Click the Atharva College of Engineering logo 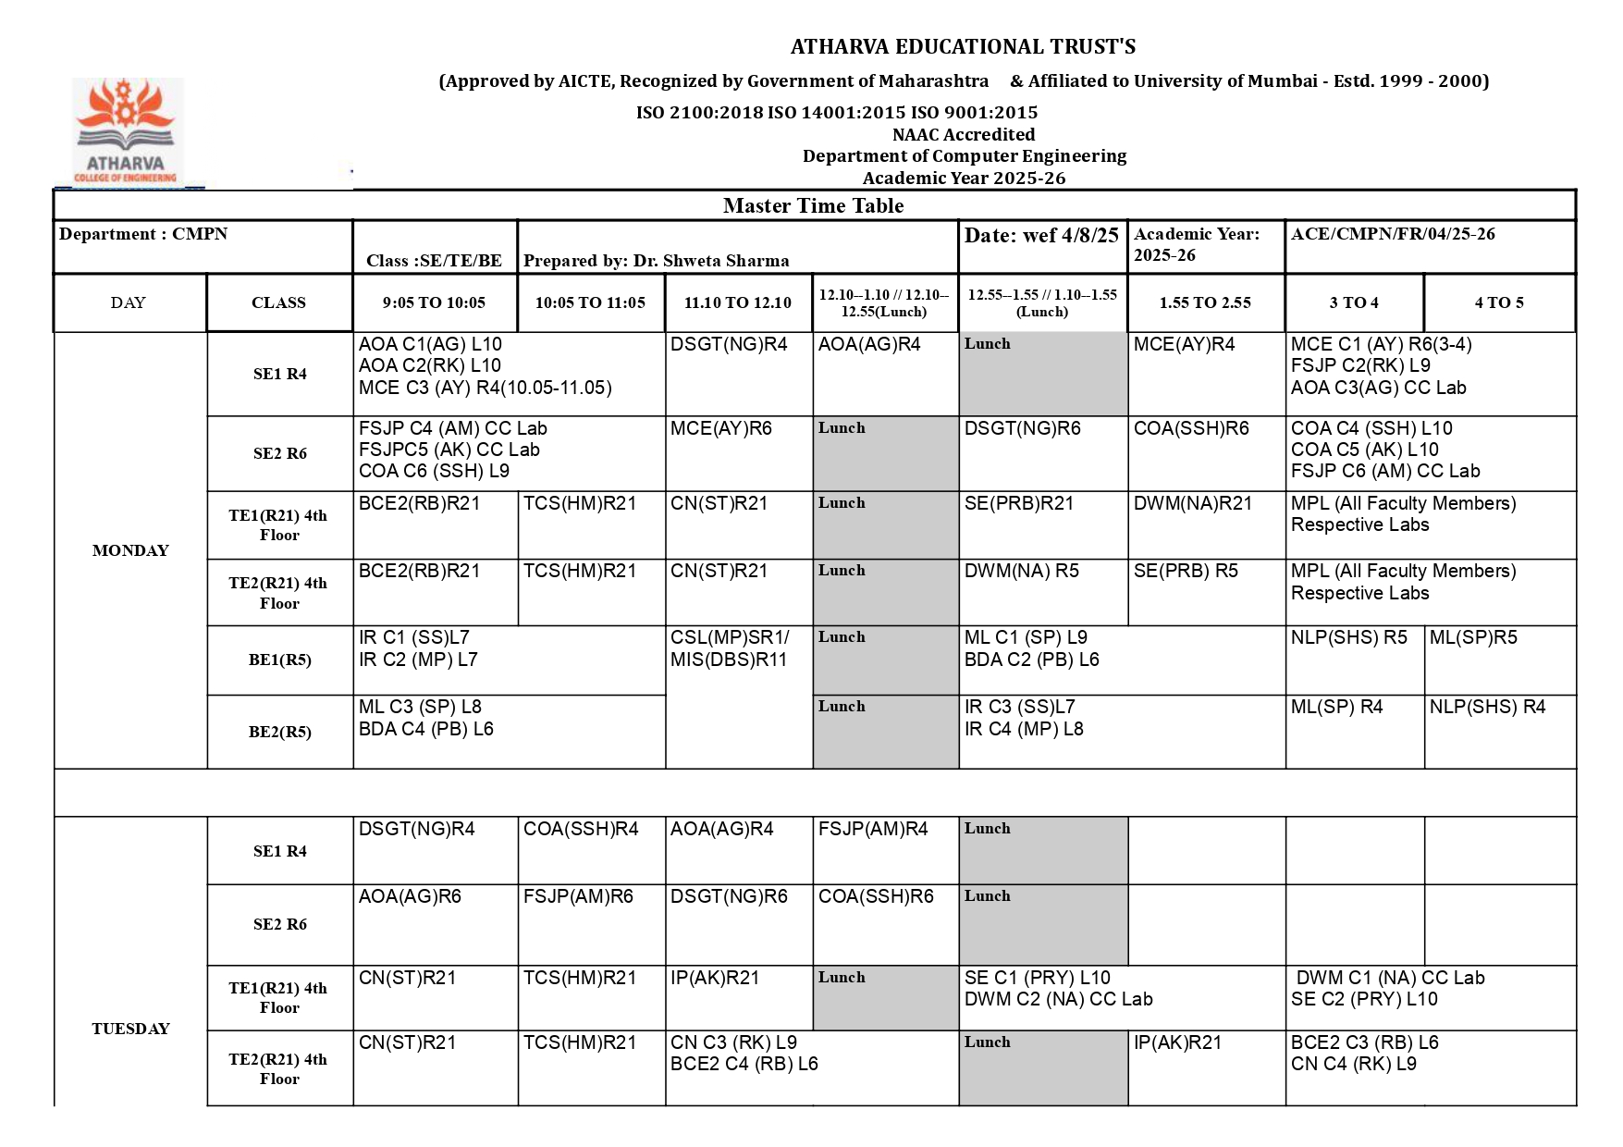point(127,131)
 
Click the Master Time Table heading point(813,205)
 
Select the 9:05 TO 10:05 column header point(434,302)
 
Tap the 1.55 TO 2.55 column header point(1205,302)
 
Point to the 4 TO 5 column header point(1498,302)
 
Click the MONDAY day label point(130,550)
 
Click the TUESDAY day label point(130,1029)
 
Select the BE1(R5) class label point(279,660)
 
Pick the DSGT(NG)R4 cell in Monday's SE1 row point(729,345)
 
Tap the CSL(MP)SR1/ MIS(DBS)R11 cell point(730,648)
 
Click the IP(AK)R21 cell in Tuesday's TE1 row point(714,979)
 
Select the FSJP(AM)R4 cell point(872,830)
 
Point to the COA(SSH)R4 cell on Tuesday point(580,830)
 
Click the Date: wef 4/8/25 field point(1041,236)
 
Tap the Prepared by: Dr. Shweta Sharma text point(656,261)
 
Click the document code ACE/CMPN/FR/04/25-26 point(1392,234)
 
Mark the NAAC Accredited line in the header point(963,135)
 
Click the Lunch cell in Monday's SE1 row point(1042,373)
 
